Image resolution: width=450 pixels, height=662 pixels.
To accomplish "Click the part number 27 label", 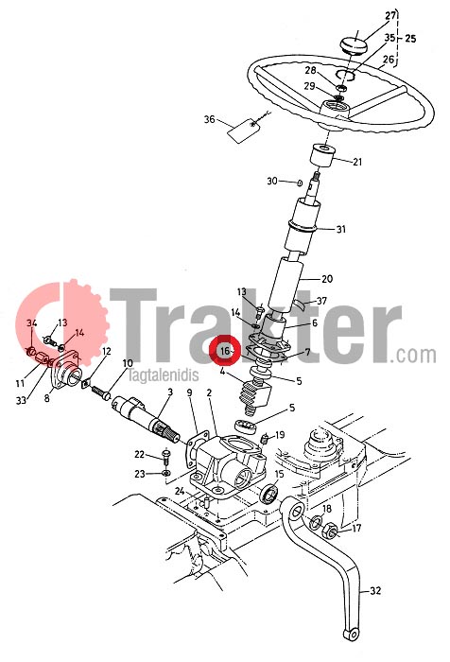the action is [390, 16].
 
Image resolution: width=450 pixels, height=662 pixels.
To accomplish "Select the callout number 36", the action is [209, 119].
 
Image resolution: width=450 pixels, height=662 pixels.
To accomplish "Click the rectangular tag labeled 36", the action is [243, 130].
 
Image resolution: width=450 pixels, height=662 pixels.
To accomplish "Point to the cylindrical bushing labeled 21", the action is [322, 158].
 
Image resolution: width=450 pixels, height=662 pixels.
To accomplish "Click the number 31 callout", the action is [340, 229].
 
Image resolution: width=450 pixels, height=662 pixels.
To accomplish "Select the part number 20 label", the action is [327, 279].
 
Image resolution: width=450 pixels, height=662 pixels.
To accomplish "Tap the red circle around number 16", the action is [226, 350].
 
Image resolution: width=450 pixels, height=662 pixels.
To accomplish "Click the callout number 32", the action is [375, 591].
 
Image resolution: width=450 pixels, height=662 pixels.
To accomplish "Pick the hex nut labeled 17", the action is [330, 531].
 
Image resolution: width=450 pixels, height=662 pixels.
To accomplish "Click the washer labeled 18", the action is [316, 524].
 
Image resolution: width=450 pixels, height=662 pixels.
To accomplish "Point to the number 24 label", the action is [180, 491].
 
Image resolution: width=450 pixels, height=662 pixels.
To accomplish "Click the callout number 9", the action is [189, 392].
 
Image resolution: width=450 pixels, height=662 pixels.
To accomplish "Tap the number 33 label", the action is [21, 400].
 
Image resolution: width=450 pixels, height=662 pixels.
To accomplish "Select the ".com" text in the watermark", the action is [413, 355].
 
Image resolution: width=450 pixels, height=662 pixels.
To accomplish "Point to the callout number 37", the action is [321, 301].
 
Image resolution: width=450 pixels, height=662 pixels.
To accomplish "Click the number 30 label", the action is [272, 182].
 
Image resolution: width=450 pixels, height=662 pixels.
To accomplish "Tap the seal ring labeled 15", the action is [269, 494].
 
